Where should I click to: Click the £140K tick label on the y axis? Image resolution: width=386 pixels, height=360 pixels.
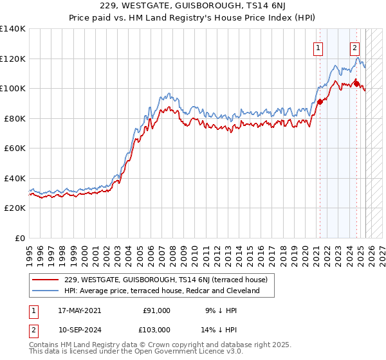pyautogui.click(x=12, y=29)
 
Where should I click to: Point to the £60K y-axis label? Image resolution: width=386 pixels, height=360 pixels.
pyautogui.click(x=14, y=148)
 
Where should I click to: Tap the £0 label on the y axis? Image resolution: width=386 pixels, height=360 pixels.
pyautogui.click(x=20, y=238)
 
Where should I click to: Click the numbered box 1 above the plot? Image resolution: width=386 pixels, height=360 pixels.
pyautogui.click(x=318, y=47)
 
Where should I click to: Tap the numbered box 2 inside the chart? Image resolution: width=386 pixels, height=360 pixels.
pyautogui.click(x=354, y=47)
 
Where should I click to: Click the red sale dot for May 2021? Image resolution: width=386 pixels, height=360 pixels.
pyautogui.click(x=320, y=102)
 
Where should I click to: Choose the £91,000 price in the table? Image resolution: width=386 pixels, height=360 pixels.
pyautogui.click(x=156, y=310)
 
